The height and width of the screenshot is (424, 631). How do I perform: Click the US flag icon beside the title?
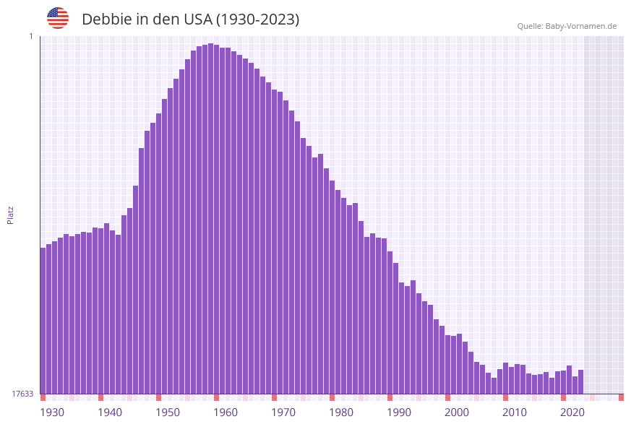(x=58, y=18)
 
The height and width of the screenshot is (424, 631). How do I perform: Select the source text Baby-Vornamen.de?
(x=582, y=27)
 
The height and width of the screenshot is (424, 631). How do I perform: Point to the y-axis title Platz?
(x=11, y=215)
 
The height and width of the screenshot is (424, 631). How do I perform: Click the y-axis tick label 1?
(x=31, y=36)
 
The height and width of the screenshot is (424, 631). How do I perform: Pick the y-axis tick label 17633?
(x=22, y=394)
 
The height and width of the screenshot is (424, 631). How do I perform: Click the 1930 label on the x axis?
(x=52, y=412)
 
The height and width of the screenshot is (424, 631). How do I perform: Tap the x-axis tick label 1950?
(x=168, y=412)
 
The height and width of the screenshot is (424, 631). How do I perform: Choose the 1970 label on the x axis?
(x=283, y=412)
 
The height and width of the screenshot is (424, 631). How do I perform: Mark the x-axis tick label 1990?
(x=399, y=412)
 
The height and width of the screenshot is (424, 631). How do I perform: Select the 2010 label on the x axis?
(x=515, y=412)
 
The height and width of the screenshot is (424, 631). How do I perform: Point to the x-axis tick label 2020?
(x=572, y=412)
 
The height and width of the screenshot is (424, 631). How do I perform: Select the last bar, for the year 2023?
(x=580, y=381)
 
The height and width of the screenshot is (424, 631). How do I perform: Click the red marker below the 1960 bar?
(x=216, y=397)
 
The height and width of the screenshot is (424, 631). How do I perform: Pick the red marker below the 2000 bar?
(x=447, y=397)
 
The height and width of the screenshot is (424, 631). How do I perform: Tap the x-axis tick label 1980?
(x=341, y=412)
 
